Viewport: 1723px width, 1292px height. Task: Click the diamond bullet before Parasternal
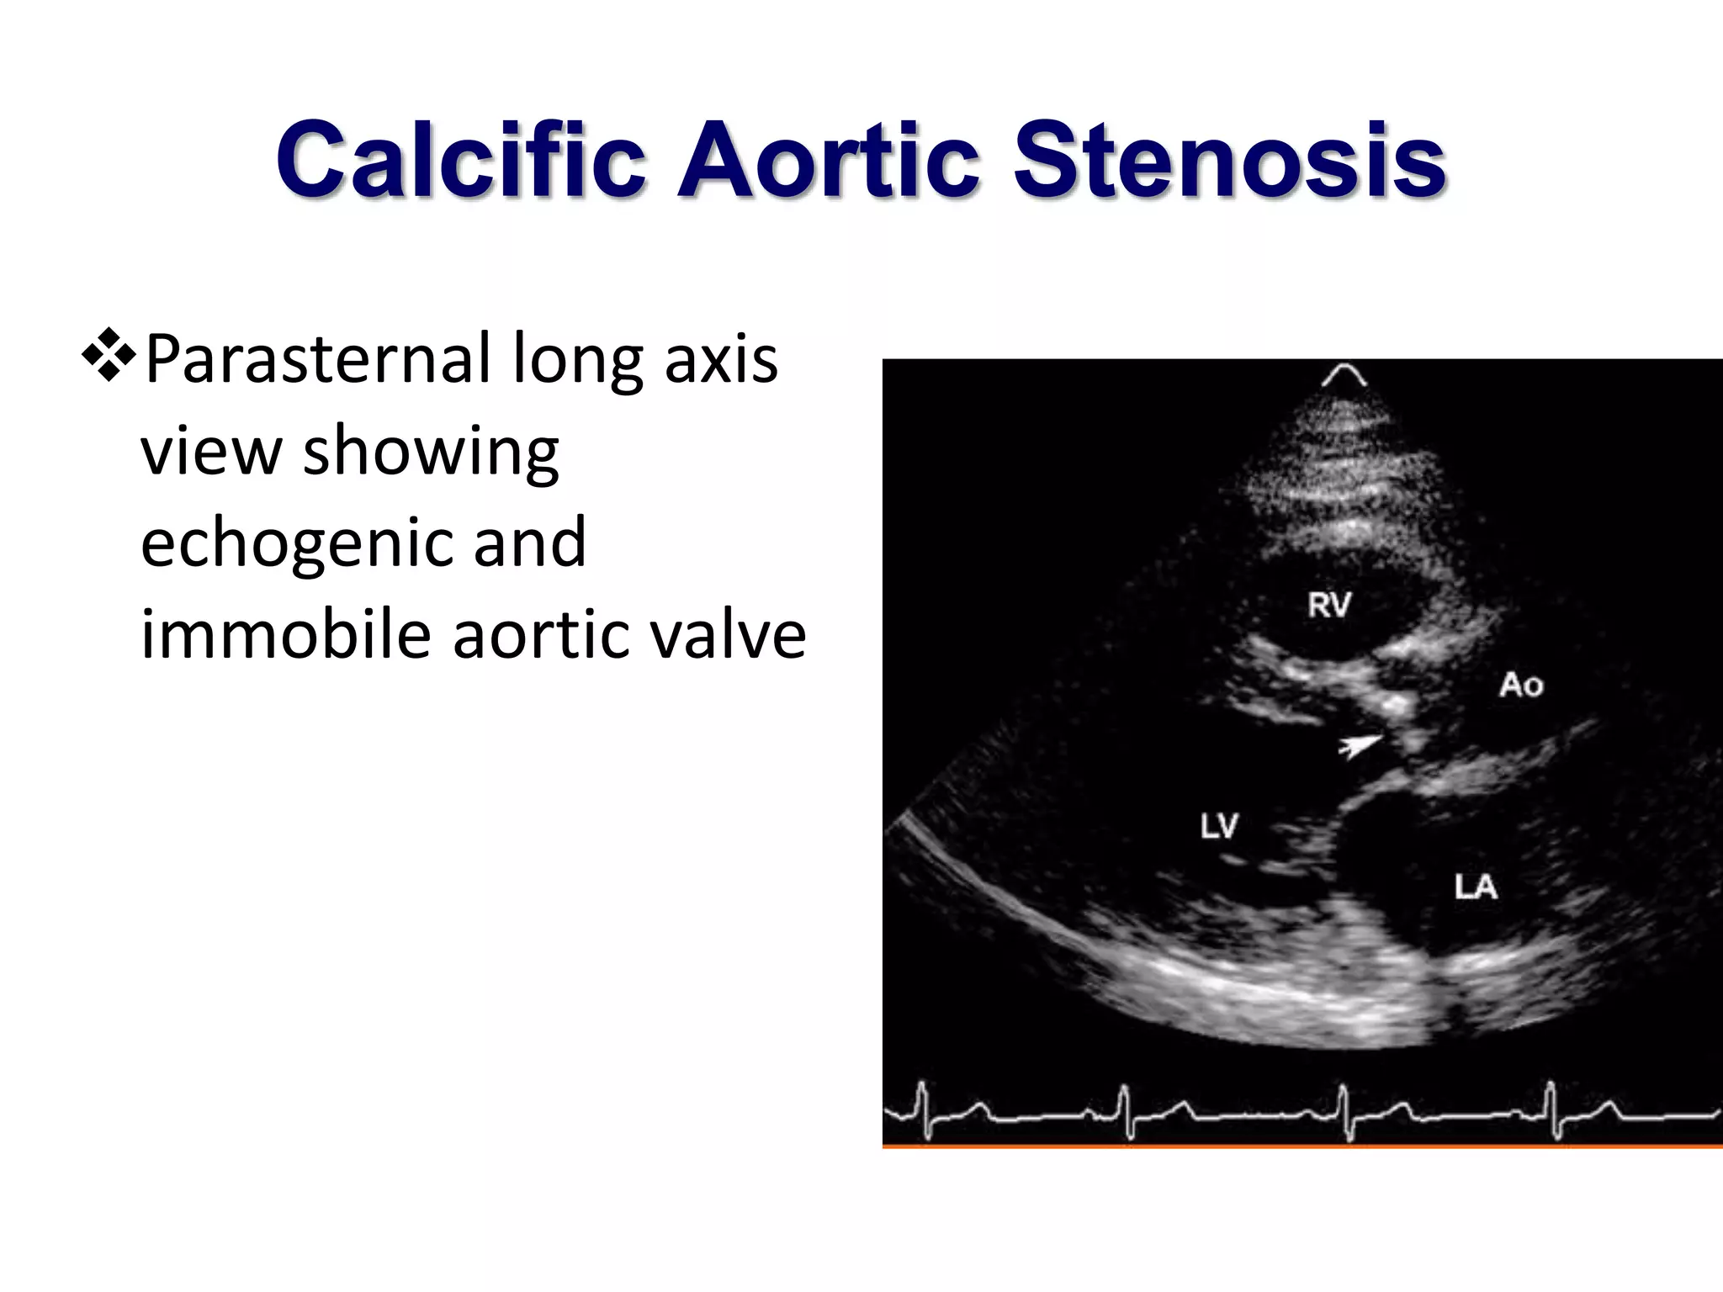(x=109, y=356)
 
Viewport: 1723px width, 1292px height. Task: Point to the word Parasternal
(x=317, y=359)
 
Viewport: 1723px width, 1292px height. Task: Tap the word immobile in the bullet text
(x=285, y=634)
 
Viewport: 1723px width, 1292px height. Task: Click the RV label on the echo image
(x=1329, y=605)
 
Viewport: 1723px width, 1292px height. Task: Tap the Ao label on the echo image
(x=1521, y=685)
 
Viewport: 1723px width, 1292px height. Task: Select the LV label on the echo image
(x=1219, y=826)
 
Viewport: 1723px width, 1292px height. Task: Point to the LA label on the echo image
(x=1476, y=887)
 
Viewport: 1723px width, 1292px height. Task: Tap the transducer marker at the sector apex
(x=1344, y=375)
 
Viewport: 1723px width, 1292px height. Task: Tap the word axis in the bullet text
(x=721, y=359)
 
